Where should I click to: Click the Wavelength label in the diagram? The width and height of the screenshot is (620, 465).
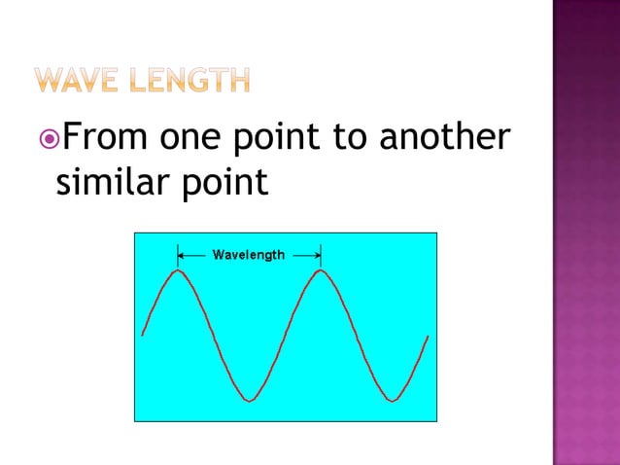click(249, 255)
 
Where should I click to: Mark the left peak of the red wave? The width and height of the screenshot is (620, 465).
click(178, 270)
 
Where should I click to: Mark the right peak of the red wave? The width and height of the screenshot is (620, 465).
click(320, 270)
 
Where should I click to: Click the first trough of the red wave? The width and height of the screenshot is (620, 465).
click(250, 400)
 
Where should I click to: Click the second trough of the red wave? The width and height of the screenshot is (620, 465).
click(391, 400)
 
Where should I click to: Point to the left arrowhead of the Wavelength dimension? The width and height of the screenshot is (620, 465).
click(182, 255)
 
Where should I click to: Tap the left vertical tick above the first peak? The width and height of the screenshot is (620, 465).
click(178, 255)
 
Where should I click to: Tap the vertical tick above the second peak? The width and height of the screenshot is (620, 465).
click(320, 255)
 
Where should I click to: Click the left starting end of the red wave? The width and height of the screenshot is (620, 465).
click(143, 335)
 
